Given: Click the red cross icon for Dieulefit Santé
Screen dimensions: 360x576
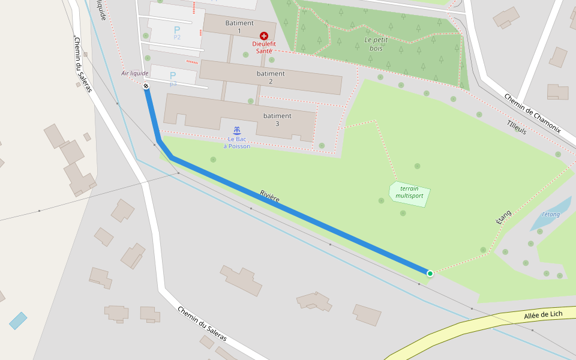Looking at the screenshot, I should click(x=264, y=36).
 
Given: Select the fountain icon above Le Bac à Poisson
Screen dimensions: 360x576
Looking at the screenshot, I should click(x=237, y=130).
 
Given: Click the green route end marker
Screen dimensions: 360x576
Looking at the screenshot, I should click(x=430, y=274).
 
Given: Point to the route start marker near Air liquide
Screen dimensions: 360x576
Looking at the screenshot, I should click(x=146, y=86).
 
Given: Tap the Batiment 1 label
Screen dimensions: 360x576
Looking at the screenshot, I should click(x=239, y=26).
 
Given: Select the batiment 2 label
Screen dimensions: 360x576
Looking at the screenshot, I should click(x=271, y=77).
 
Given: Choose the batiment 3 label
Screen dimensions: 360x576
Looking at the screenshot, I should click(x=277, y=119).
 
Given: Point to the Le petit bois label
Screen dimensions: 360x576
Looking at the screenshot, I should click(x=377, y=44).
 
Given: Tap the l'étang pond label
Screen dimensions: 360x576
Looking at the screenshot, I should click(x=551, y=214).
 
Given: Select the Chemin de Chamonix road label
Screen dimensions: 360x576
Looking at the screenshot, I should click(x=532, y=113).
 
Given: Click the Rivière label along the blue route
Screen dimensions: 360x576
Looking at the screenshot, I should click(x=270, y=196).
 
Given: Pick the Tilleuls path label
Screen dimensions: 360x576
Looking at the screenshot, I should click(x=517, y=126).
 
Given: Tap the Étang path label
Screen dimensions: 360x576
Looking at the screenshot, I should click(x=503, y=217).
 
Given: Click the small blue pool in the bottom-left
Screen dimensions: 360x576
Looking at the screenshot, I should click(x=18, y=321).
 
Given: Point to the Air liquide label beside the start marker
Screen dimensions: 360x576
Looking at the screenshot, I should click(x=134, y=73).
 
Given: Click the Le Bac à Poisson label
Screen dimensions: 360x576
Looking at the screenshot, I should click(x=237, y=142).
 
